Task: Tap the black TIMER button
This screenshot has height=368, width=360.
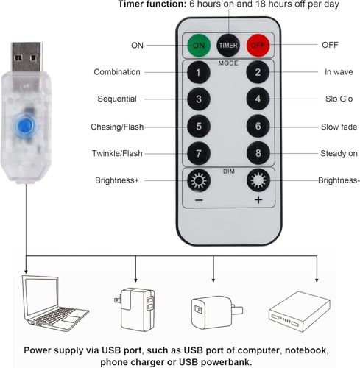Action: click(x=228, y=45)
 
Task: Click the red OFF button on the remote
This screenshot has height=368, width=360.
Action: click(x=258, y=45)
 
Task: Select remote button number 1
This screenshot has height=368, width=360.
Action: click(x=199, y=72)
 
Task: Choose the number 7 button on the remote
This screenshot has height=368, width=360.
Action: click(x=199, y=153)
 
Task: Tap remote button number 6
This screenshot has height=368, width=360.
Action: click(x=258, y=126)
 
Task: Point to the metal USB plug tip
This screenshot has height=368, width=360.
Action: click(x=27, y=57)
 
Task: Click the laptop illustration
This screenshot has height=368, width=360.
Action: click(x=55, y=303)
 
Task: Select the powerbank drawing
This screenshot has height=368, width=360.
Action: click(x=299, y=311)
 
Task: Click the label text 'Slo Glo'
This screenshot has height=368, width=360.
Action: click(x=339, y=99)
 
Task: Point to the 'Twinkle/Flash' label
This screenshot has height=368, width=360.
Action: click(x=117, y=153)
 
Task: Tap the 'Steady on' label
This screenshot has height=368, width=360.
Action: click(x=339, y=153)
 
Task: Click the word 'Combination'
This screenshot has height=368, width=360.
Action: click(x=117, y=72)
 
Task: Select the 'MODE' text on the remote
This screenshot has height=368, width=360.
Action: click(x=228, y=63)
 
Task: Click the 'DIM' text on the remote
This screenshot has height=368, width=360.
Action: click(x=229, y=171)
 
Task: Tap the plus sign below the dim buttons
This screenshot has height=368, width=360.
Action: click(x=258, y=200)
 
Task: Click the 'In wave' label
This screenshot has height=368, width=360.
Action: click(x=339, y=72)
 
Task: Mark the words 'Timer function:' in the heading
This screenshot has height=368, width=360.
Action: click(x=152, y=4)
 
